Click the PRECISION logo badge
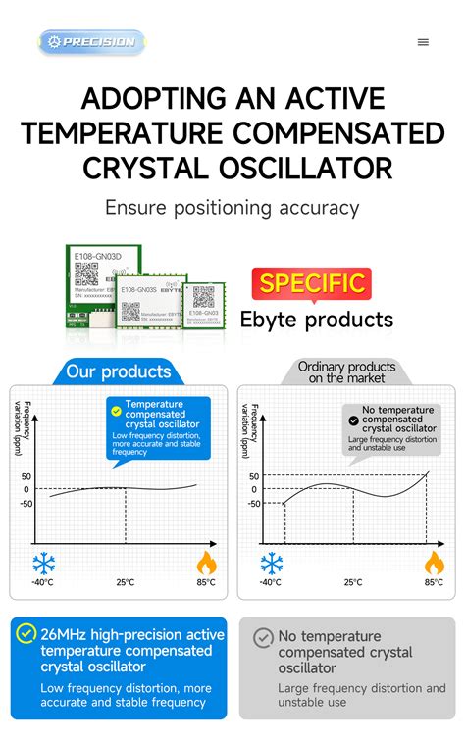(91, 42)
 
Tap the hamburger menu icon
(423, 42)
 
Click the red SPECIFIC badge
(311, 284)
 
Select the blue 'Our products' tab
(118, 371)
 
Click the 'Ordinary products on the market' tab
(340, 371)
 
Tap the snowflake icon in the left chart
(43, 563)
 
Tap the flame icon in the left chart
(206, 563)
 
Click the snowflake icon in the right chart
(271, 563)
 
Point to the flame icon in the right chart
(434, 563)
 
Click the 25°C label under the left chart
(126, 582)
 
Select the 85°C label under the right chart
(434, 582)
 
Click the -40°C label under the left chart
(42, 582)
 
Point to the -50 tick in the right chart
(253, 504)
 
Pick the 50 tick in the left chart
(26, 475)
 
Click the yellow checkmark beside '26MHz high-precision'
(26, 634)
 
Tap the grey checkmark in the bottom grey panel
(263, 637)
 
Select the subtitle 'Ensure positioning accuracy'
(232, 208)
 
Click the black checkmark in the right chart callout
(353, 420)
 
